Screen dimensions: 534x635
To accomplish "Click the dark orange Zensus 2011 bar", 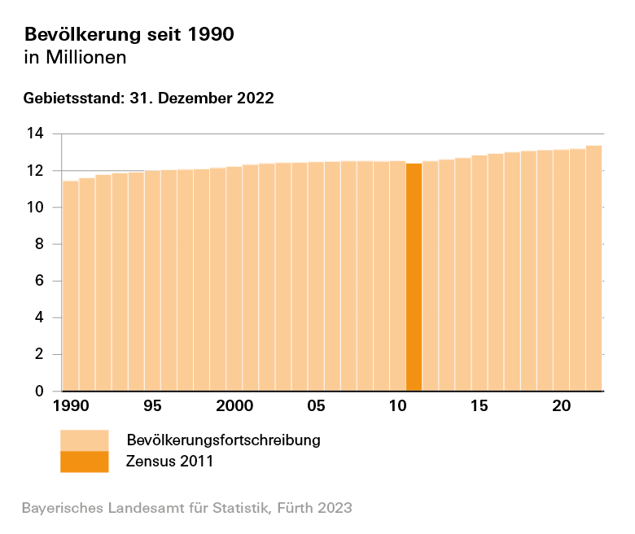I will coord(414,277).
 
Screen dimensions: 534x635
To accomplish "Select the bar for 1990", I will coord(71,285).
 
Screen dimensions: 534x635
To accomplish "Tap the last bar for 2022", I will coord(593,269).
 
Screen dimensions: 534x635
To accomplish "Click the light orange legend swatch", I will coord(84,440).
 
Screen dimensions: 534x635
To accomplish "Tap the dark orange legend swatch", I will coord(84,462).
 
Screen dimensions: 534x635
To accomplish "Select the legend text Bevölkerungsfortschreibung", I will coord(223,440).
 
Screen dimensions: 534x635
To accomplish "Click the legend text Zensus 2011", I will coord(169,462).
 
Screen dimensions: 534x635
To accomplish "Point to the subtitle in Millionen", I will coord(76,58).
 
